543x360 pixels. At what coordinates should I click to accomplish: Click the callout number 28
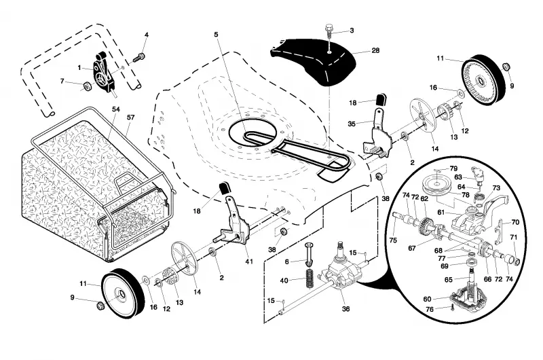375,50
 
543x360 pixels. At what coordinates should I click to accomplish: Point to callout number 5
216,35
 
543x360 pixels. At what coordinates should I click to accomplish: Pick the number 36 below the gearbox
345,309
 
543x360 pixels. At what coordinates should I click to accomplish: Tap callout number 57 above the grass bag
130,118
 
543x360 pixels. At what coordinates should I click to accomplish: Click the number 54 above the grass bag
115,109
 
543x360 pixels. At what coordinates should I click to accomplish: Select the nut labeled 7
87,86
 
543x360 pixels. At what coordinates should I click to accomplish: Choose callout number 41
249,262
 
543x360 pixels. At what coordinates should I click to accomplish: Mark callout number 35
352,124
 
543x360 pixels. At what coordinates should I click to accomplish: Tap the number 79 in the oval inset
453,168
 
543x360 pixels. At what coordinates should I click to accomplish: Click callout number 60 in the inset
427,299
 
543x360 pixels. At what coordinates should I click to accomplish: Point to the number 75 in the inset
393,240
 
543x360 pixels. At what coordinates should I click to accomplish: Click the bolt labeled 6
309,253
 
